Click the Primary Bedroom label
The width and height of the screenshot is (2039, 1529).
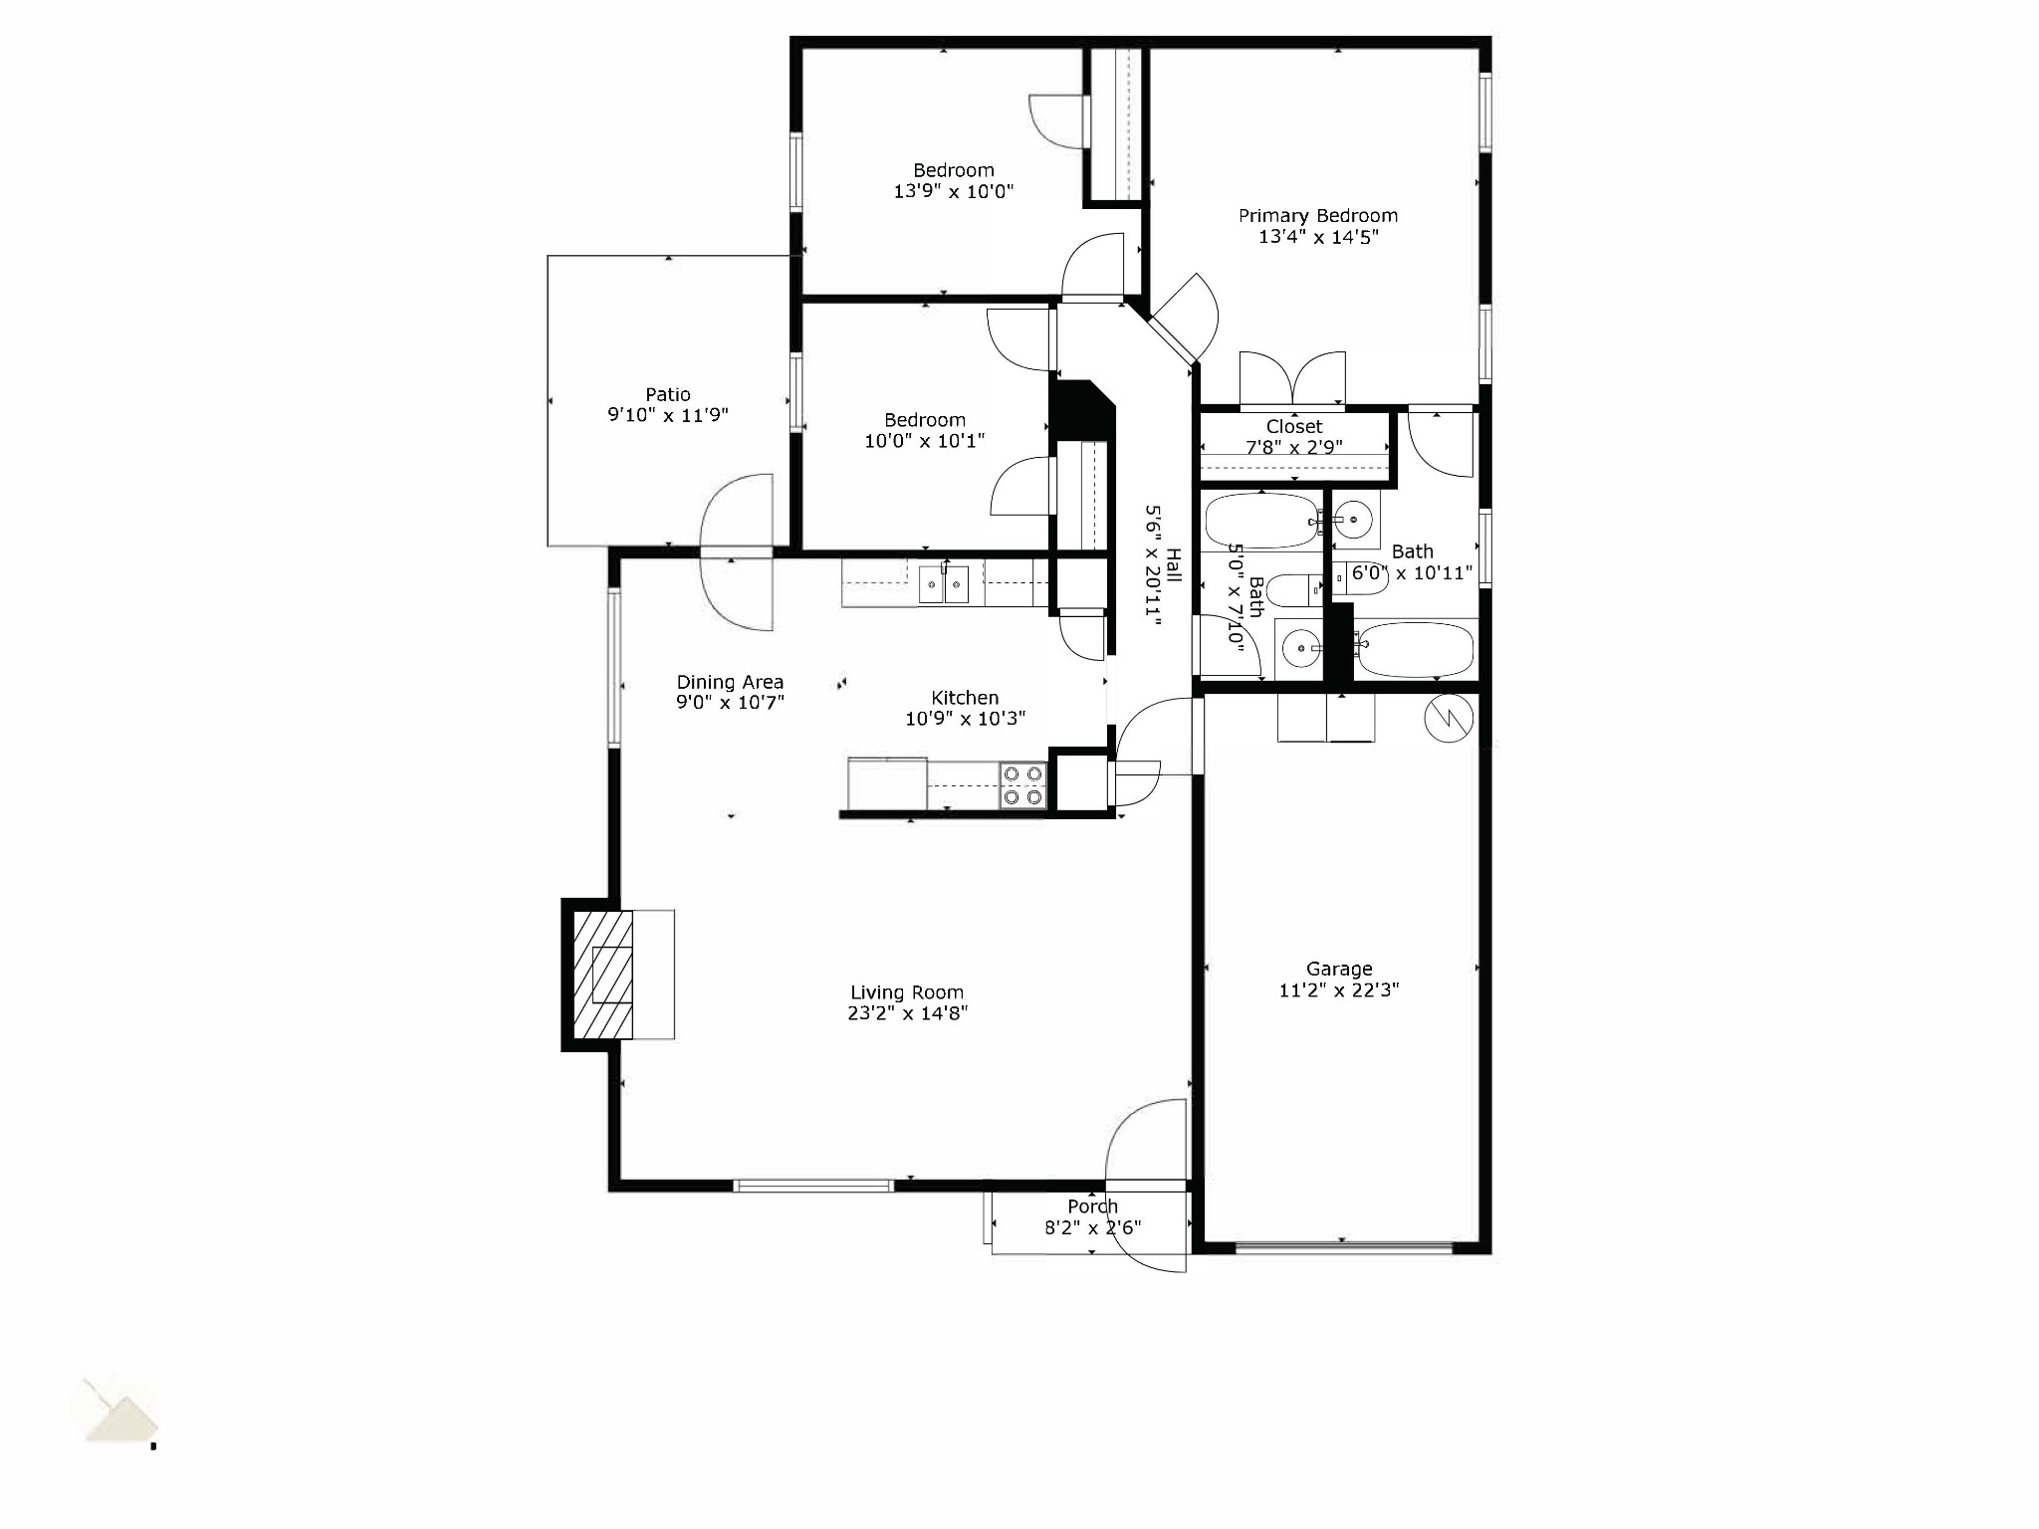click(1317, 216)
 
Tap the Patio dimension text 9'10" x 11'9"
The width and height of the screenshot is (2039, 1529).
click(668, 415)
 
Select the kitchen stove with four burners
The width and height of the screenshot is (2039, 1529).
click(1023, 785)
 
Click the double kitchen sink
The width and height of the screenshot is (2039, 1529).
click(944, 583)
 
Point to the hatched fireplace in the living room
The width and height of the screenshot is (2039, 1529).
click(603, 975)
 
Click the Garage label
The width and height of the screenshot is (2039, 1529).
click(1339, 969)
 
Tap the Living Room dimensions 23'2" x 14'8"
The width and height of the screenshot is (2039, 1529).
click(907, 1013)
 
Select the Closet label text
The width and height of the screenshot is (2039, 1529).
click(1294, 427)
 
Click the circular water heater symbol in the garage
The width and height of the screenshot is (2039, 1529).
click(1449, 718)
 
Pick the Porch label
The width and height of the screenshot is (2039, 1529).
click(1092, 1206)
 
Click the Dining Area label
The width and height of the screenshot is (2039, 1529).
click(730, 682)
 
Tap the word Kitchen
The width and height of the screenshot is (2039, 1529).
click(965, 698)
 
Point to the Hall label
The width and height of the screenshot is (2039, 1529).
click(1174, 565)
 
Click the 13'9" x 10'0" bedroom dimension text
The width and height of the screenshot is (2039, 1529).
click(953, 191)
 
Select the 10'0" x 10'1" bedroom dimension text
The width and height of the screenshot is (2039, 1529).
click(924, 441)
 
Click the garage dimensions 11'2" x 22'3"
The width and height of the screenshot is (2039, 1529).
click(1339, 990)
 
